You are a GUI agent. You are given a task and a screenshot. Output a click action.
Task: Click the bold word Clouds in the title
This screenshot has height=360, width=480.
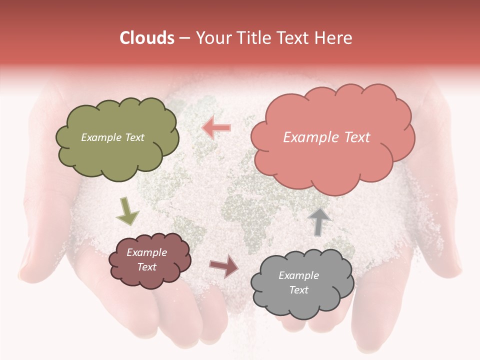point(146,38)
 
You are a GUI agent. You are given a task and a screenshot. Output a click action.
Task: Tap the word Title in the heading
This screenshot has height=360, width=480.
point(253,38)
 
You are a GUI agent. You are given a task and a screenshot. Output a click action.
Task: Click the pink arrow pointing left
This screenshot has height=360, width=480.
point(216,127)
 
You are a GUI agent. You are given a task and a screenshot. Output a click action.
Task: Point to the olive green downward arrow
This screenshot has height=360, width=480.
point(127,210)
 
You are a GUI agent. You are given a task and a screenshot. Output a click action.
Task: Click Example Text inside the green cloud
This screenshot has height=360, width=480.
point(112,137)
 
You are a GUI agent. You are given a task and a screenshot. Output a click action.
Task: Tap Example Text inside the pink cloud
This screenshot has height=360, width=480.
point(326,137)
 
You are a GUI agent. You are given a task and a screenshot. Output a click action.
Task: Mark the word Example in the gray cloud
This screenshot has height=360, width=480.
point(298,275)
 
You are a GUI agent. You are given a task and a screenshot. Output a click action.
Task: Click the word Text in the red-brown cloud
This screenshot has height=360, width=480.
point(147,267)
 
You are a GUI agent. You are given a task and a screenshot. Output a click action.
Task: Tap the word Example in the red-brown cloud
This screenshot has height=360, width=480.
point(146,253)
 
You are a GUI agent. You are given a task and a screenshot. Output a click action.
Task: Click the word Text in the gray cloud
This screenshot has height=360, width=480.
point(298,290)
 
